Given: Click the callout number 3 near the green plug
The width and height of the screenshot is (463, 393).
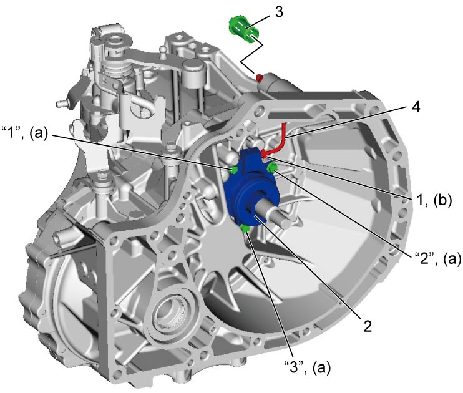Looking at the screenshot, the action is click(278, 12).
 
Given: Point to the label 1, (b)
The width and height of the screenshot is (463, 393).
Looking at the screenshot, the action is click(434, 201).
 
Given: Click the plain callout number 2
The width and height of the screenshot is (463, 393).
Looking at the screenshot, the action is click(367, 326).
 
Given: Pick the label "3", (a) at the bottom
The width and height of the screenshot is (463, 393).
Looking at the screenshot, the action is click(307, 367).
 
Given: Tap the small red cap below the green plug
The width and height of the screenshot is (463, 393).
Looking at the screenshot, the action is click(260, 78).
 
